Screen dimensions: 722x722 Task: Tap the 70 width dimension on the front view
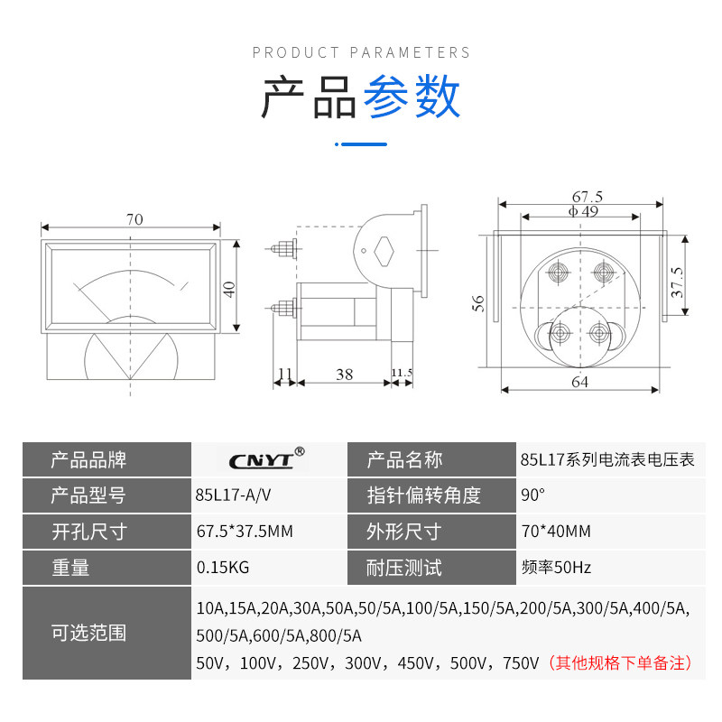click(134, 219)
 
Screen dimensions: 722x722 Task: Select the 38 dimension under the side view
click(344, 374)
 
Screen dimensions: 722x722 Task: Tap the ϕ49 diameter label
click(583, 211)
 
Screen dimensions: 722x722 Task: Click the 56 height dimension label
click(478, 303)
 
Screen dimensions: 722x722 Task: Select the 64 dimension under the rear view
click(579, 382)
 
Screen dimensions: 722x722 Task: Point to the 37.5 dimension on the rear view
click(678, 282)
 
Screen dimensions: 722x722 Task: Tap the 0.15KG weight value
click(222, 568)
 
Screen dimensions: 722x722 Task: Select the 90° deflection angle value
click(533, 495)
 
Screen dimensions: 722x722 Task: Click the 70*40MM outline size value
click(555, 532)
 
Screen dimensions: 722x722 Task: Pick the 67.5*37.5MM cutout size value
click(245, 532)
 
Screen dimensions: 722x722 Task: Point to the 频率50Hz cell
click(556, 568)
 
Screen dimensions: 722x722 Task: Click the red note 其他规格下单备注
click(621, 662)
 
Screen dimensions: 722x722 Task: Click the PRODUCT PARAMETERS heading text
click(361, 52)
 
